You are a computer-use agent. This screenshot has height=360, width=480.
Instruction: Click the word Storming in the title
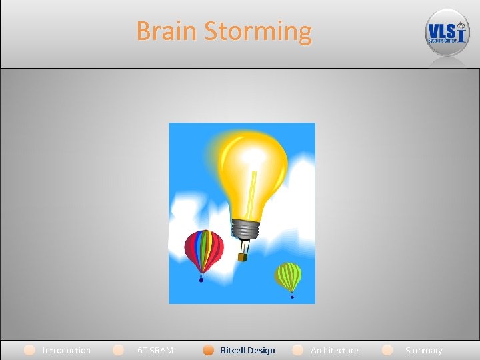pos(258,31)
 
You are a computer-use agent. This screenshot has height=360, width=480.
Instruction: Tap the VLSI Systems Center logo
pos(447,33)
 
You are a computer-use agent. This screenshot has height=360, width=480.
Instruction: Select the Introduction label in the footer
pos(66,350)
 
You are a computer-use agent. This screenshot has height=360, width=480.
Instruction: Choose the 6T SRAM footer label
pos(155,350)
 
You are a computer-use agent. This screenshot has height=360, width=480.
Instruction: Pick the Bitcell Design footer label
pos(247,350)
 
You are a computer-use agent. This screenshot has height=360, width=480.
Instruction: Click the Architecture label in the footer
pos(334,350)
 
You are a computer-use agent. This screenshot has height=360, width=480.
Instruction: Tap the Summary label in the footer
pos(423,350)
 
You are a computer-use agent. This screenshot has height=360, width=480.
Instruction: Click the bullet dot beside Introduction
pos(29,349)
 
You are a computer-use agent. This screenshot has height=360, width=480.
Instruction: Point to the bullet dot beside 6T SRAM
pos(118,349)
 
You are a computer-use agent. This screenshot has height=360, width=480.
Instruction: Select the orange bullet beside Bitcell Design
pos(209,349)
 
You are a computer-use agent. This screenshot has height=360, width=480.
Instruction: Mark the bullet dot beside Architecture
pos(298,349)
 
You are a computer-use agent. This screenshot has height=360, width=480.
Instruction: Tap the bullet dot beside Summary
pos(387,349)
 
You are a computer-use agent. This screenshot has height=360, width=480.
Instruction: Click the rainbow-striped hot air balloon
pos(203,249)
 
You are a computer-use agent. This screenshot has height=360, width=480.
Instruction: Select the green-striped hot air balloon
pos(289,275)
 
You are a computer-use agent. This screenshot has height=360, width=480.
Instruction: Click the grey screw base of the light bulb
pos(245,229)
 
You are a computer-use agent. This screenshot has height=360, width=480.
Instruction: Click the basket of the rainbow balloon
pos(201,279)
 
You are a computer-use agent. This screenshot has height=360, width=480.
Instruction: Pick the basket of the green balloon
pos(291,296)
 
